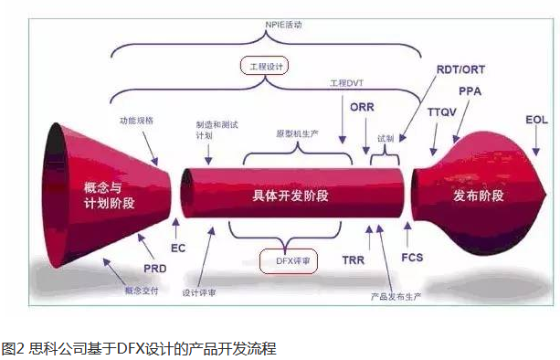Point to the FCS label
click(411, 259)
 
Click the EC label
click(178, 248)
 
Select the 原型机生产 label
click(297, 132)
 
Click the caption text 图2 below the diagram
click(13, 348)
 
